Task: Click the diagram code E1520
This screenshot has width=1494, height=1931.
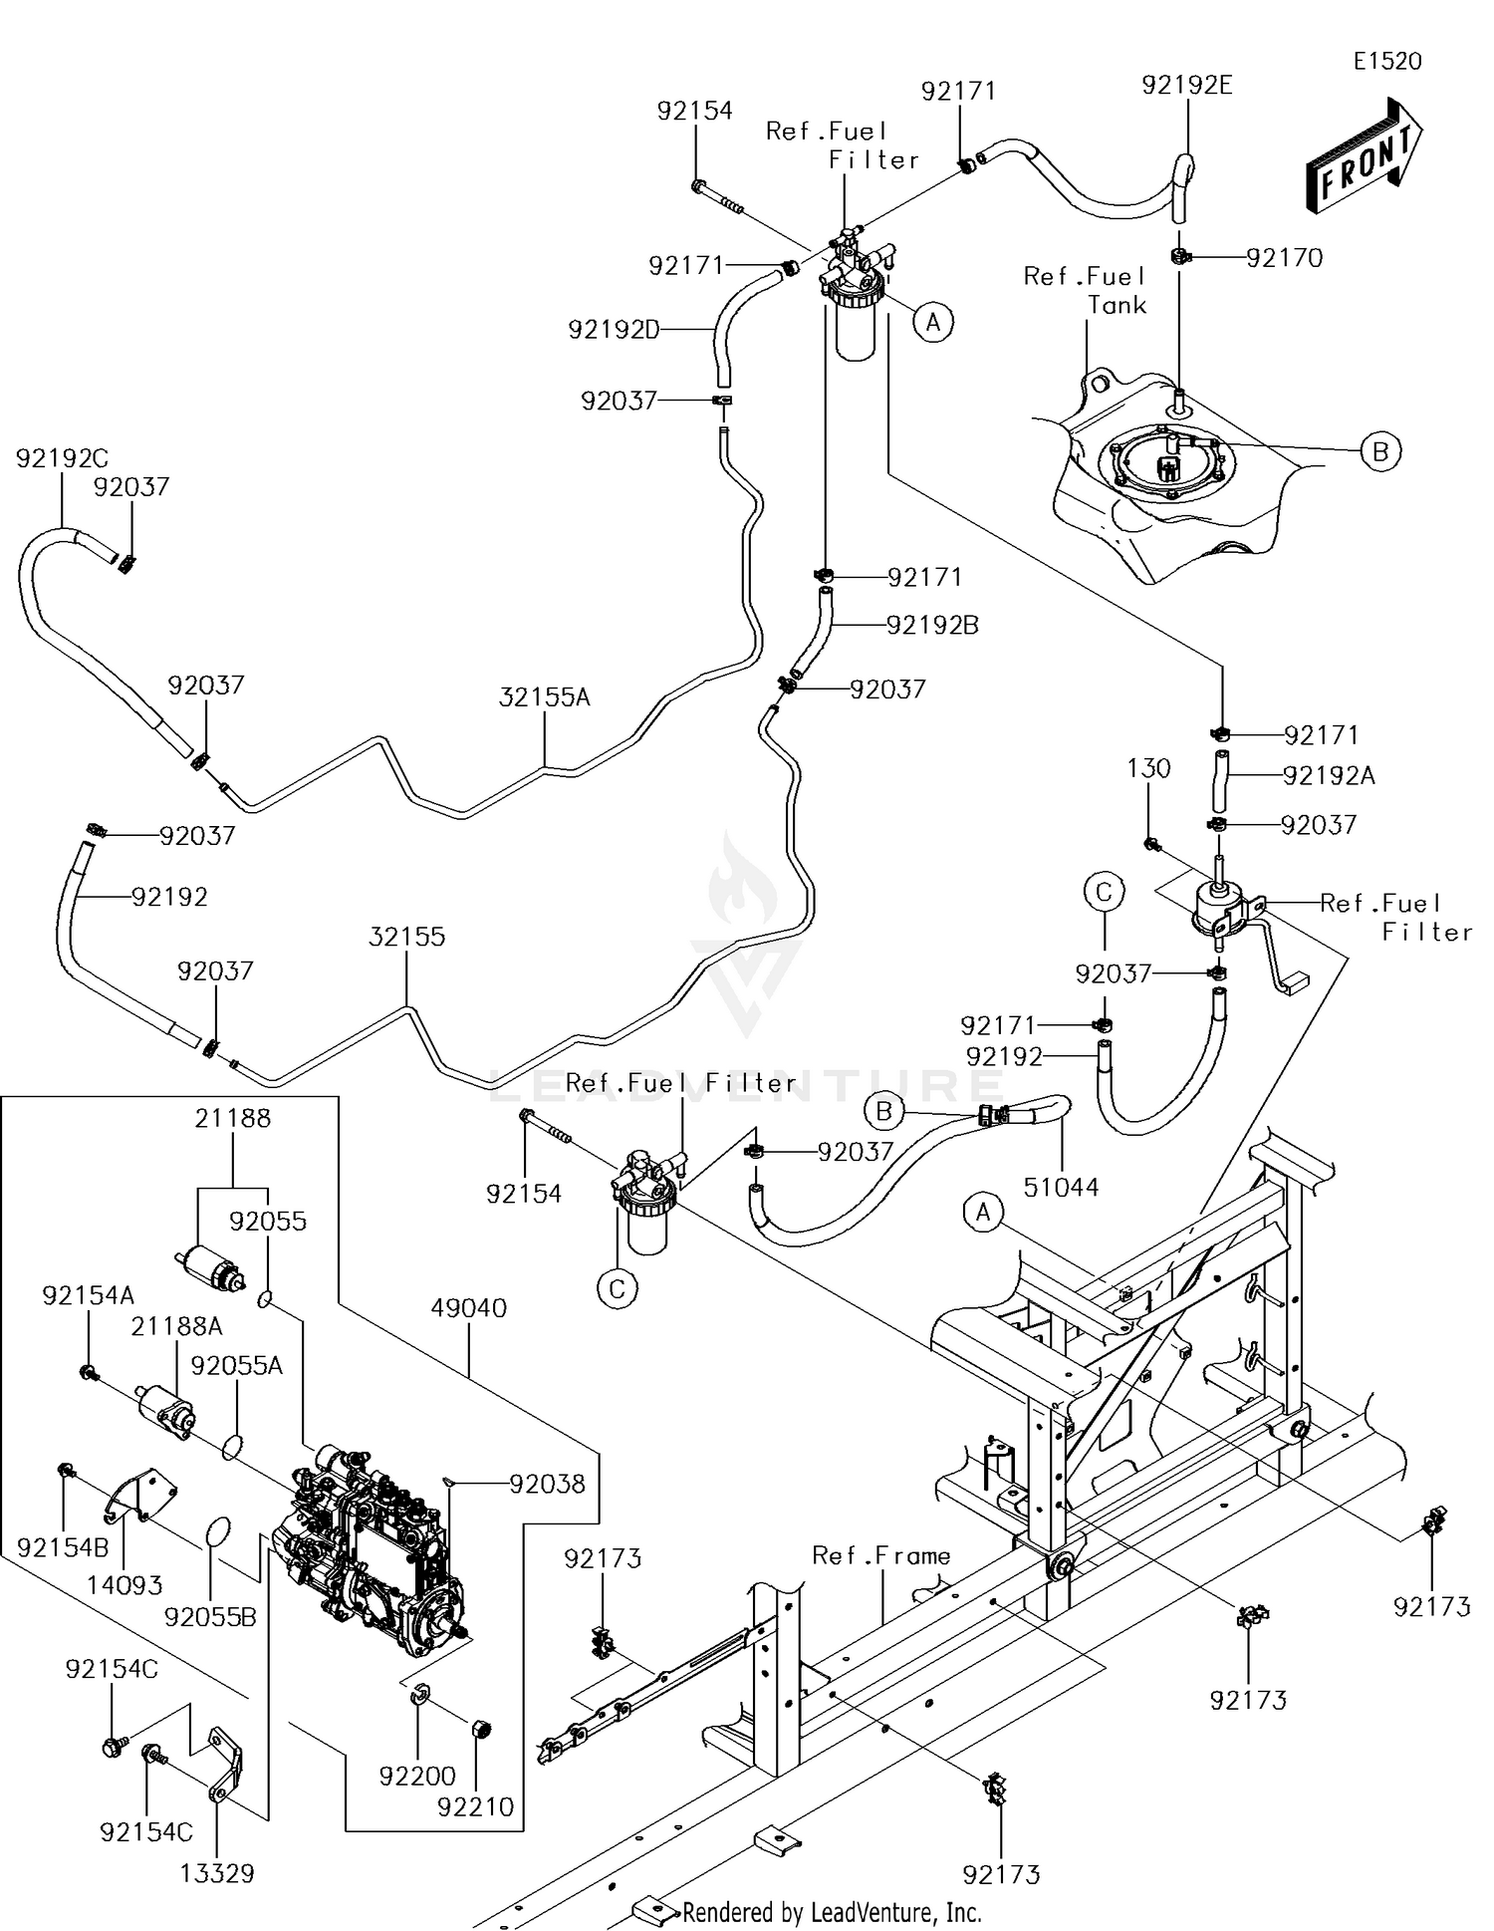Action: click(x=1386, y=61)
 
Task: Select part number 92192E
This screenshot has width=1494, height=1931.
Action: click(x=1186, y=85)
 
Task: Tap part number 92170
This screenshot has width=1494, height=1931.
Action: click(x=1284, y=258)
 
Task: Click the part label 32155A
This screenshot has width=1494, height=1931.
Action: click(x=544, y=697)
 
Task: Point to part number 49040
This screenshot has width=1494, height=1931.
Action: click(x=469, y=1307)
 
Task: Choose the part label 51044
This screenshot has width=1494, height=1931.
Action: click(x=1061, y=1187)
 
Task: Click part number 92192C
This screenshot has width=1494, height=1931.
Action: click(x=62, y=458)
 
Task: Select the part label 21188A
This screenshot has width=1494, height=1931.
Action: click(x=176, y=1326)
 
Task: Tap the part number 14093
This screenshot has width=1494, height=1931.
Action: click(x=124, y=1584)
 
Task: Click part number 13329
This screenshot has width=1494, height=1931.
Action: click(x=216, y=1873)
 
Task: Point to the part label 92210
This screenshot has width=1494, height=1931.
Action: click(x=475, y=1806)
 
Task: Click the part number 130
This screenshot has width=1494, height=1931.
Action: click(x=1148, y=768)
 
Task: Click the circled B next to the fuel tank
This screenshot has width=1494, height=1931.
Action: click(x=1379, y=451)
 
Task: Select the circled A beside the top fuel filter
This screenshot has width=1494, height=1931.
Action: click(x=933, y=322)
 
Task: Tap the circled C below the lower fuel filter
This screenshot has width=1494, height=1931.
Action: click(x=617, y=1289)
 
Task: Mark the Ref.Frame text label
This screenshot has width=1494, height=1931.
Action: click(x=880, y=1555)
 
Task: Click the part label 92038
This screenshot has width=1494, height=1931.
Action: click(x=547, y=1484)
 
